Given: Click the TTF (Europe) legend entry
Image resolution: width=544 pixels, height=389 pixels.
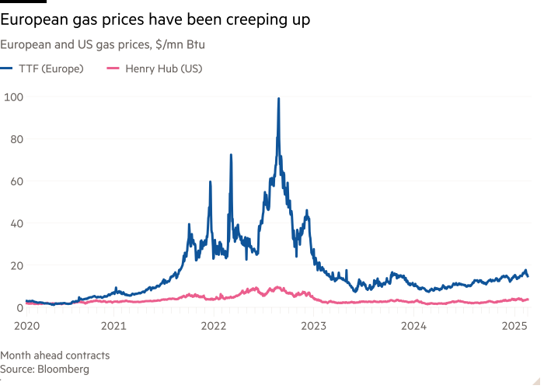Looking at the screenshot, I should [47, 68].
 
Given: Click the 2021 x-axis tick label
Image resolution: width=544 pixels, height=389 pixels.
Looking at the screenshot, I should [114, 322].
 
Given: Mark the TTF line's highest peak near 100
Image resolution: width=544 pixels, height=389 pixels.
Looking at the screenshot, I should [279, 99].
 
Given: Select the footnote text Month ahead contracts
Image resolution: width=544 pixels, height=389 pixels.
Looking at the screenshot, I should [55, 356].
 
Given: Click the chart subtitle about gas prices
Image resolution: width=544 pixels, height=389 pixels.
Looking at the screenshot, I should [102, 46].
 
